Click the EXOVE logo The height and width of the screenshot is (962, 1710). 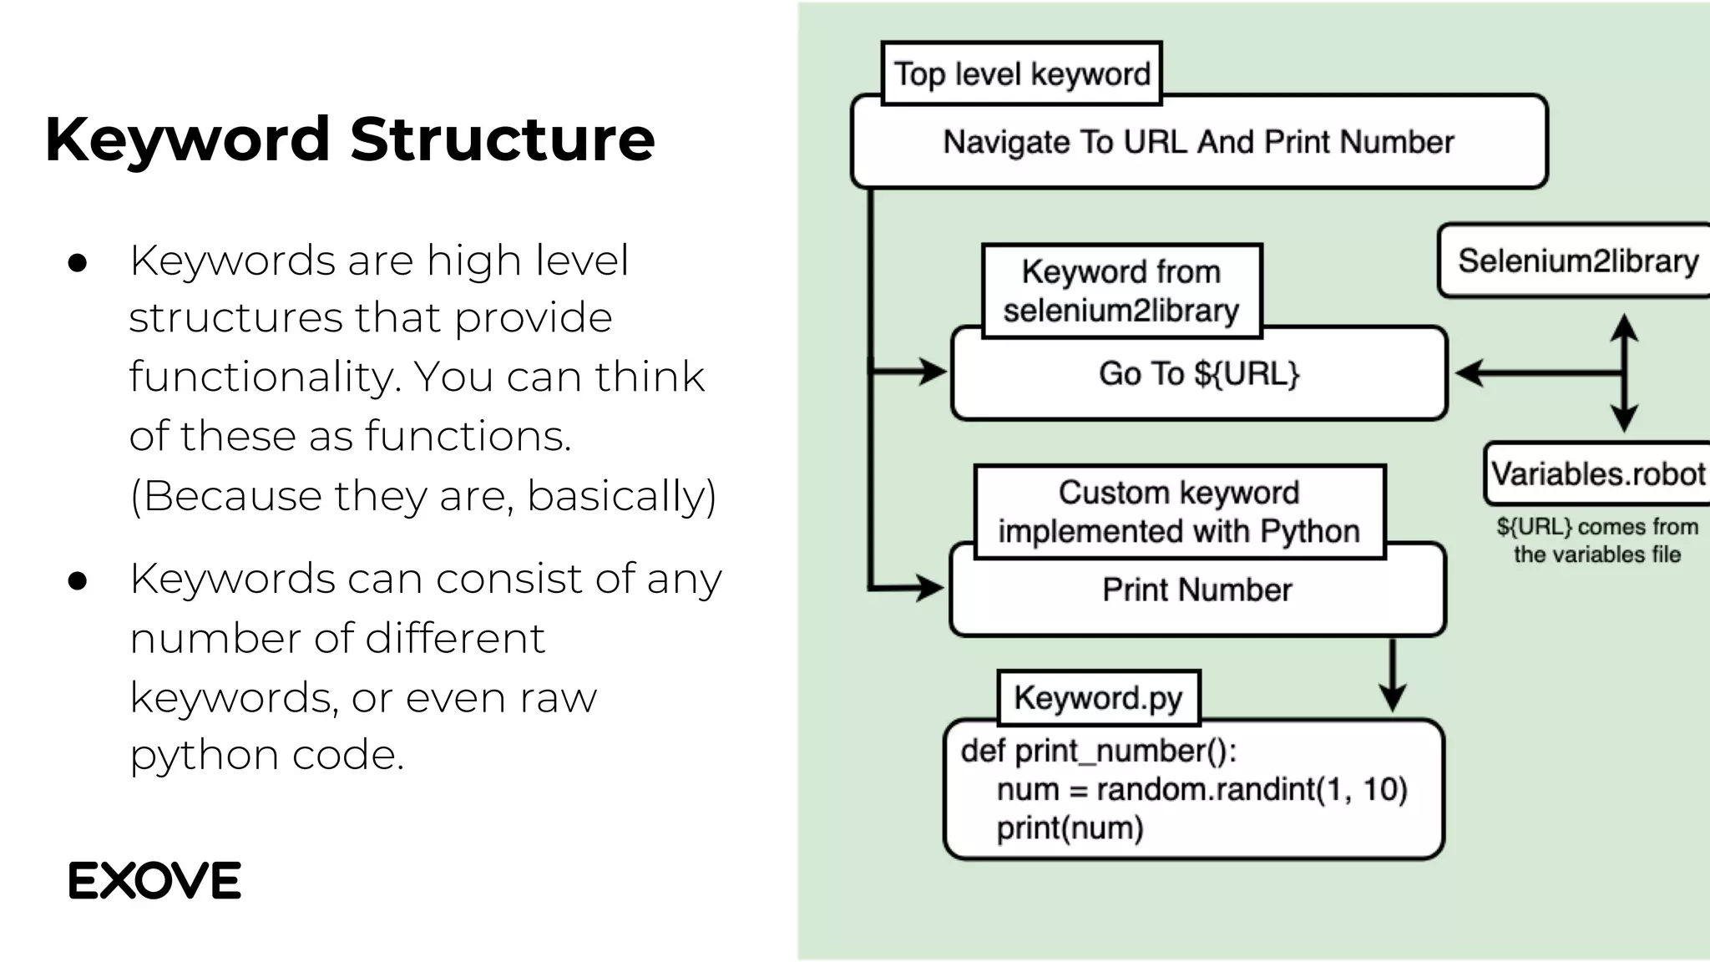tap(154, 880)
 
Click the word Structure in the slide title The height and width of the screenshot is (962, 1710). tap(502, 139)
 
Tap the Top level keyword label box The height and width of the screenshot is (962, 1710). tap(1021, 73)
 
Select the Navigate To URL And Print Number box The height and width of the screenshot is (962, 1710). tap(1198, 142)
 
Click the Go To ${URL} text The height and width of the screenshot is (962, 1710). tap(1198, 373)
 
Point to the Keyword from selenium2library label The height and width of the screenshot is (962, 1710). tap(1121, 291)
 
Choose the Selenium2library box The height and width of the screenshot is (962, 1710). tap(1577, 261)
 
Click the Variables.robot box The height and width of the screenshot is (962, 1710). tap(1597, 473)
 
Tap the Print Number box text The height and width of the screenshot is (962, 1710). tap(1196, 590)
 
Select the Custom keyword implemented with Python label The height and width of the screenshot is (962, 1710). tap(1178, 512)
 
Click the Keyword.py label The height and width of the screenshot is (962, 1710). tap(1098, 697)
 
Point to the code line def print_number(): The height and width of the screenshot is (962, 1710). tap(1098, 751)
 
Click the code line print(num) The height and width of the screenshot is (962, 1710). tap(1070, 828)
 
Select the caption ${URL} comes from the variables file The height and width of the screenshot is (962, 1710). tap(1596, 540)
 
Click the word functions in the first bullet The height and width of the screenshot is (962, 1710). tap(467, 436)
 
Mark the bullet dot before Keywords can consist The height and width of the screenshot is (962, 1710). tap(78, 581)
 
